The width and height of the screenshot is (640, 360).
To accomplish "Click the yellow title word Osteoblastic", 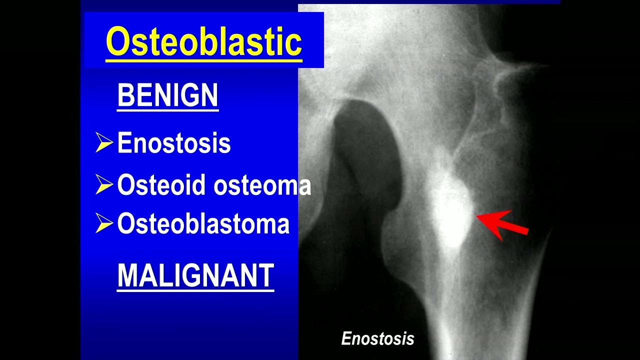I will point(204,42).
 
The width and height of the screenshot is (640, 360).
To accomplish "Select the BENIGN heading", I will point(167,95).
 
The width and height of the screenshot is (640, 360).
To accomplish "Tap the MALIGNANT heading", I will point(195,275).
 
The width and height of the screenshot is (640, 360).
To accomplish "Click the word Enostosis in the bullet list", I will point(174,143).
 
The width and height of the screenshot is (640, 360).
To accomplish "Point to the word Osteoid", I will point(161,185).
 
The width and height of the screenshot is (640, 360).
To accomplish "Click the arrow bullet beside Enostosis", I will point(104,143).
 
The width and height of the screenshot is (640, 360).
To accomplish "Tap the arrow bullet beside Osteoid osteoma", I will point(104,185).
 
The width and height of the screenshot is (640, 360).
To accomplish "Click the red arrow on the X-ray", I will point(502,224).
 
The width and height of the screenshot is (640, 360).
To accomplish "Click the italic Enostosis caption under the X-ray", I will point(377,339).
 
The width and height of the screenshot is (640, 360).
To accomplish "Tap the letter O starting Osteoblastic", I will point(117,42).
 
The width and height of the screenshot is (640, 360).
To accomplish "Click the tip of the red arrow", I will point(477,217).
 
